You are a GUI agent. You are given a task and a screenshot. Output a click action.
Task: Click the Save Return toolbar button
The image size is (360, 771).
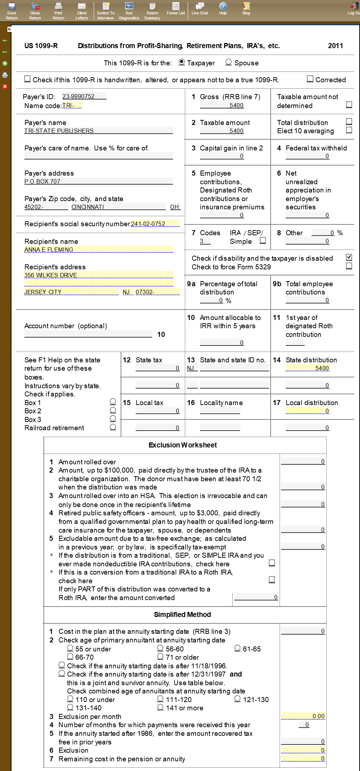point(11,11)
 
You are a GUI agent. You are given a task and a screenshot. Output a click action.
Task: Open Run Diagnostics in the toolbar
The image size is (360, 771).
point(129,11)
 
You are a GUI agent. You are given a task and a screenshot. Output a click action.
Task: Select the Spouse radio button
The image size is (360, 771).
point(228,62)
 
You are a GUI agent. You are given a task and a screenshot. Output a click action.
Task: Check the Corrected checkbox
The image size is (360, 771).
point(310,79)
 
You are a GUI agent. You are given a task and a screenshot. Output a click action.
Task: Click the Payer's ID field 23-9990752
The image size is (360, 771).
point(84,96)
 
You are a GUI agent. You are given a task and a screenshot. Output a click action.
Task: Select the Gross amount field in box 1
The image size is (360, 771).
point(222,105)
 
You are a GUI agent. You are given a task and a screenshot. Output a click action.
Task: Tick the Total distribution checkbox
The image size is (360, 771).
point(349,121)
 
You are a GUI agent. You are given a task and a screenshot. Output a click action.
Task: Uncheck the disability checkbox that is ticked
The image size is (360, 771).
point(349,257)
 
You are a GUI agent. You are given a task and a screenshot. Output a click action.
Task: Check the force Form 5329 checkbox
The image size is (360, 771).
point(349,266)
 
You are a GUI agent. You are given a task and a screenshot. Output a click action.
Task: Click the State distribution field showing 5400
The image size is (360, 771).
point(307,368)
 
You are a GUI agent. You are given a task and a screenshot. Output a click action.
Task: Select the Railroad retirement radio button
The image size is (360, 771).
point(113,427)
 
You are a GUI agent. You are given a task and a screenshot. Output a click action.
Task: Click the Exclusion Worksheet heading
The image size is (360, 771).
point(183,445)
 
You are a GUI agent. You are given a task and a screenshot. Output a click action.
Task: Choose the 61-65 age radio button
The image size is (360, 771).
point(238,648)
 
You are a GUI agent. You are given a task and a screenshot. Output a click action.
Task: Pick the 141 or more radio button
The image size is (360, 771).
point(160,707)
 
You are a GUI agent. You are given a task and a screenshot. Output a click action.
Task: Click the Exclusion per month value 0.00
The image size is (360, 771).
point(303,716)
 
